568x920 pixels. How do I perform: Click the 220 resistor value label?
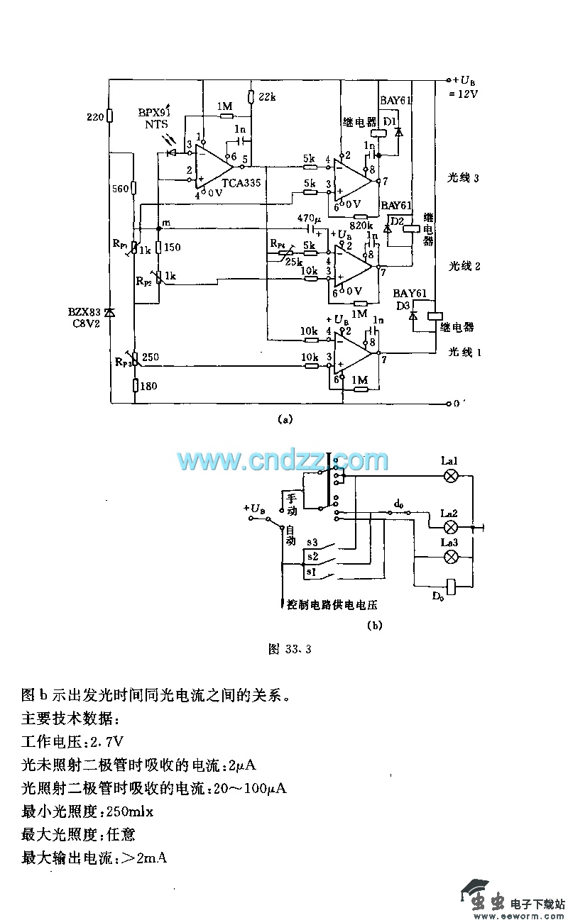point(94,116)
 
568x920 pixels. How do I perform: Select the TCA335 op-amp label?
point(239,182)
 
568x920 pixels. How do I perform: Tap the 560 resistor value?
point(120,189)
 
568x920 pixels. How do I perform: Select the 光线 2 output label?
point(465,267)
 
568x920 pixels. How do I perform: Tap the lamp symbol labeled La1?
point(449,477)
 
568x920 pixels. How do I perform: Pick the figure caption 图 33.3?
point(290,649)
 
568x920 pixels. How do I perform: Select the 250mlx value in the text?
point(129,811)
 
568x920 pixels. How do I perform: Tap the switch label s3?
point(312,543)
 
